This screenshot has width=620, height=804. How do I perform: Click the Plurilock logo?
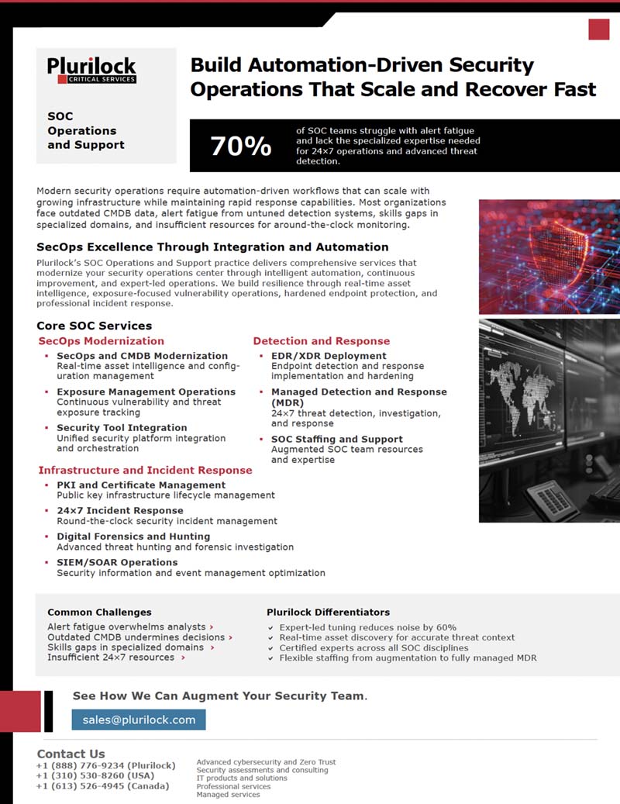tap(91, 69)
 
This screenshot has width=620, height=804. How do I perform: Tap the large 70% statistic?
tap(240, 146)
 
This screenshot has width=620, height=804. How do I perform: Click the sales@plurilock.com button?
tap(139, 719)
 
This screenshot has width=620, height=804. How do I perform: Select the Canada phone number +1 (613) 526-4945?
tap(102, 786)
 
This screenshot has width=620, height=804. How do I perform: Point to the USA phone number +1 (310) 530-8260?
tap(95, 775)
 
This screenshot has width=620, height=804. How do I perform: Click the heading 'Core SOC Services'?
tap(94, 326)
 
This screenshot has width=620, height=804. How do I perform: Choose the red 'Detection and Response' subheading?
tap(321, 341)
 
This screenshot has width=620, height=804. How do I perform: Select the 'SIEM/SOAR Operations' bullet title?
tap(117, 562)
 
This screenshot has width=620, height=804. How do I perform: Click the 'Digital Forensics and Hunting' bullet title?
tap(133, 537)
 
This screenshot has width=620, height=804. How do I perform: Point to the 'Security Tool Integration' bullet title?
tap(122, 428)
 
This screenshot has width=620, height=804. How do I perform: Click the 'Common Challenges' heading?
tap(99, 612)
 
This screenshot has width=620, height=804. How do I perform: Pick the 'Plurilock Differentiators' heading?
tap(328, 612)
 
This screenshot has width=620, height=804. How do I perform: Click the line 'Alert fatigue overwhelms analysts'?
tap(126, 626)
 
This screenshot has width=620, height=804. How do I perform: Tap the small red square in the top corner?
tap(598, 29)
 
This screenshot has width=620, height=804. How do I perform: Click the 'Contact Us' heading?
tap(71, 754)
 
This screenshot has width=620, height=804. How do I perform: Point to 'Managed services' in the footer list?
tap(228, 795)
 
